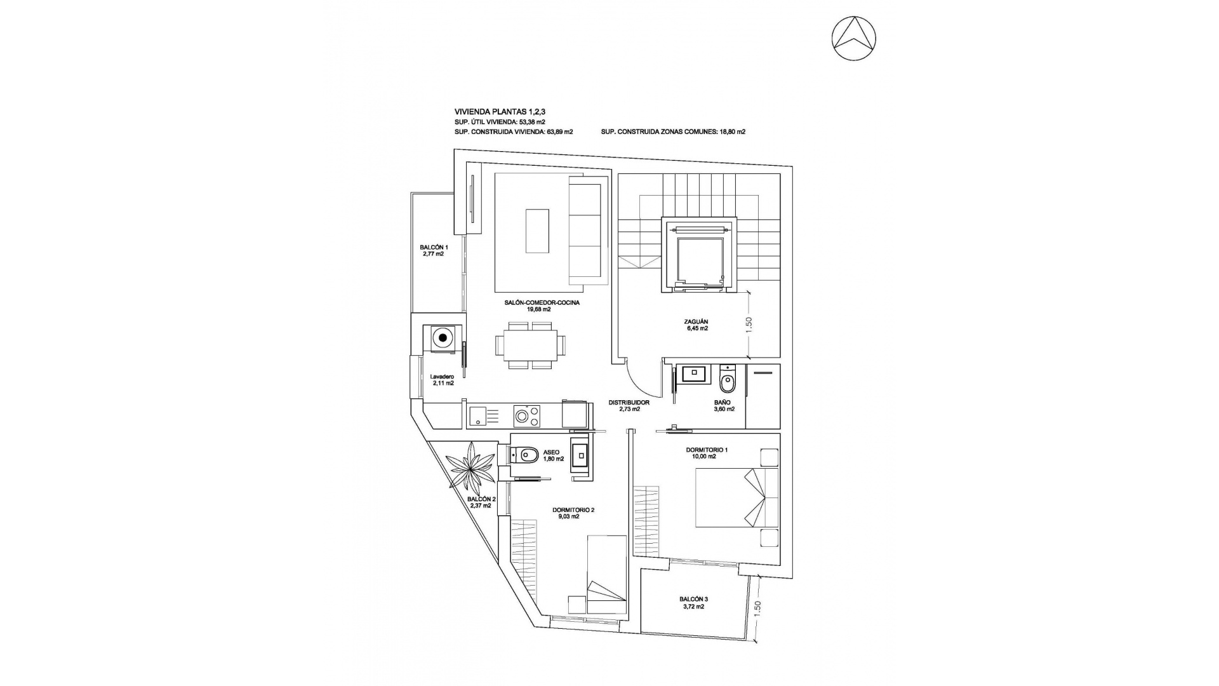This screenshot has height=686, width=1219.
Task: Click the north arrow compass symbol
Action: [x=854, y=39]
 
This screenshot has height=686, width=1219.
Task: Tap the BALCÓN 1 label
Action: [x=434, y=250]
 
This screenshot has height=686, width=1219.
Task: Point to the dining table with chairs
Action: [x=526, y=345]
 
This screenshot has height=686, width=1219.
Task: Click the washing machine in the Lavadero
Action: [x=443, y=337]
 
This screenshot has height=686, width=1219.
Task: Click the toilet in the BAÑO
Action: [x=727, y=382]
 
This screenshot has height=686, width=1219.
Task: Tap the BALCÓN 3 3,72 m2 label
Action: [x=693, y=602]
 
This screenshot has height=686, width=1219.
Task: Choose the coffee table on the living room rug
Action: [x=537, y=231]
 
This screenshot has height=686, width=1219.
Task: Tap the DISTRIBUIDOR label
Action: [x=629, y=405]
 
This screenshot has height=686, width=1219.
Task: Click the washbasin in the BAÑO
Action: [x=693, y=373]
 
